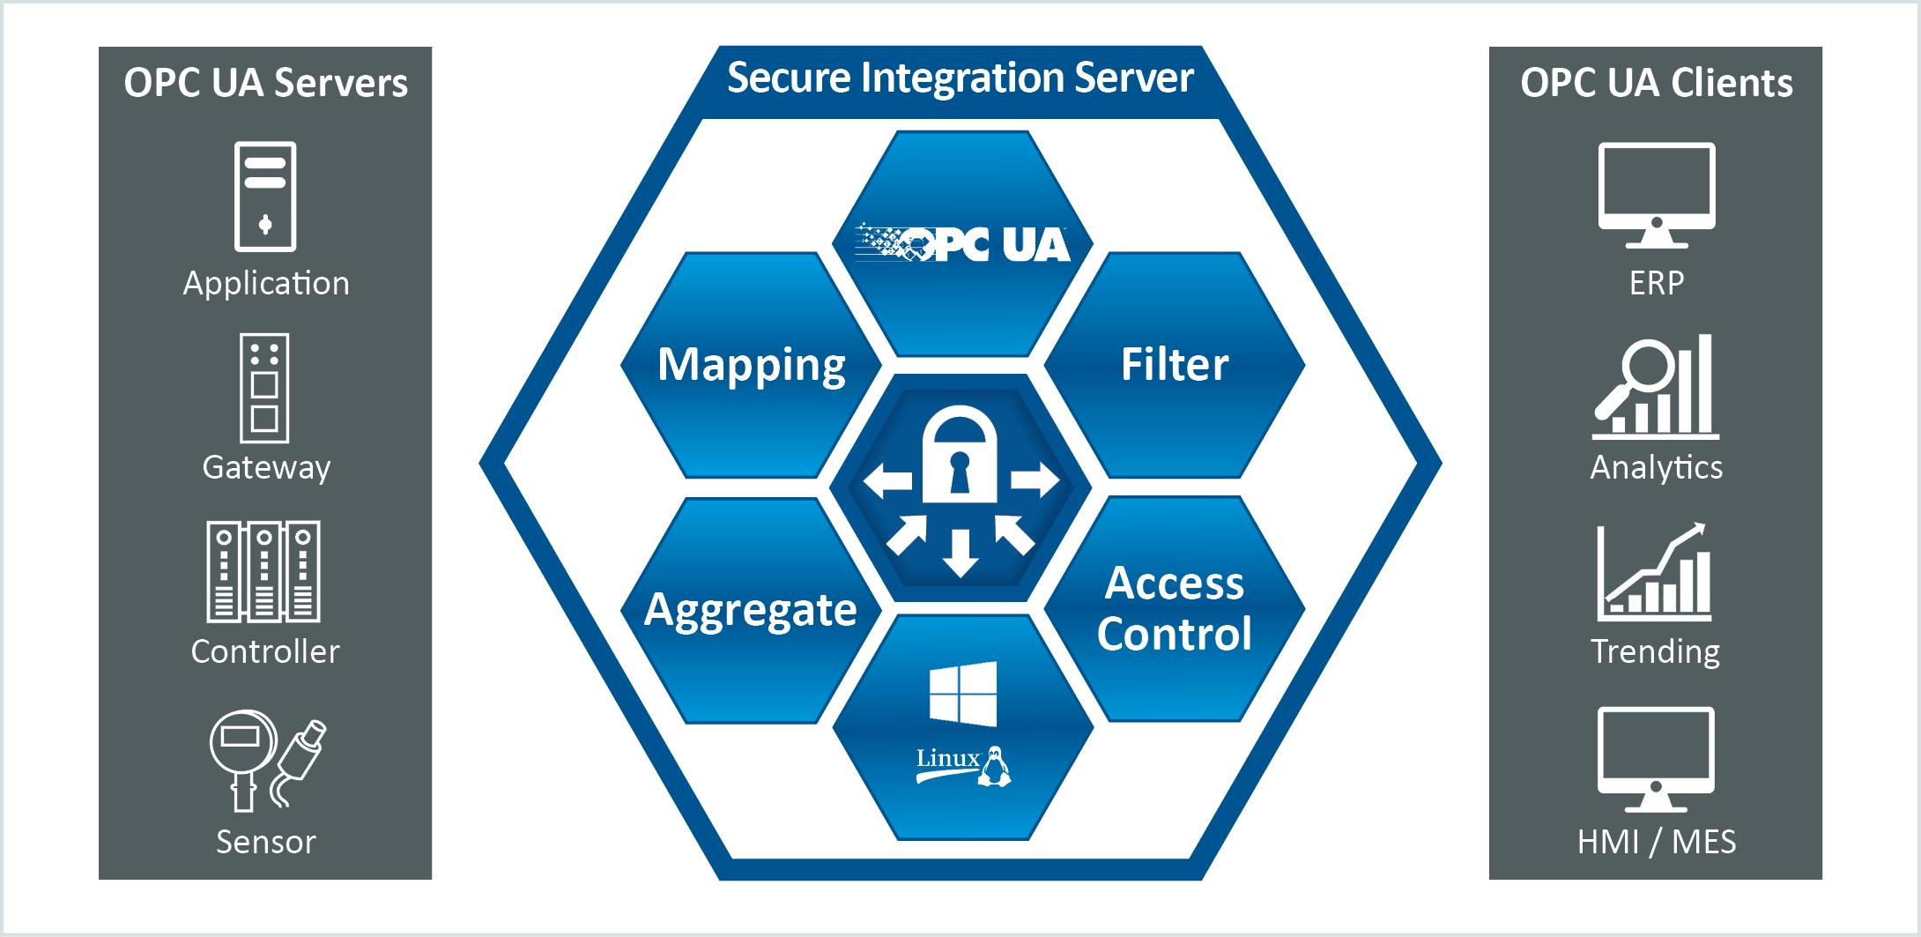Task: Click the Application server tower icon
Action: click(265, 197)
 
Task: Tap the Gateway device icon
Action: click(264, 388)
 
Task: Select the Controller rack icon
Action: click(263, 571)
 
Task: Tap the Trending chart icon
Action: click(1655, 573)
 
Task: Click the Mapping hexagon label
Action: click(751, 365)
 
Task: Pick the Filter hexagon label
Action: click(1174, 365)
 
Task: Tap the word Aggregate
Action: click(751, 610)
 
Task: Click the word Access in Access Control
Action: click(1174, 584)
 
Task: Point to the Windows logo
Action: click(963, 694)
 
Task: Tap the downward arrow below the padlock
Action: click(960, 553)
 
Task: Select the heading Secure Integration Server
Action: click(960, 78)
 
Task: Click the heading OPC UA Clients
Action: click(1656, 83)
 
